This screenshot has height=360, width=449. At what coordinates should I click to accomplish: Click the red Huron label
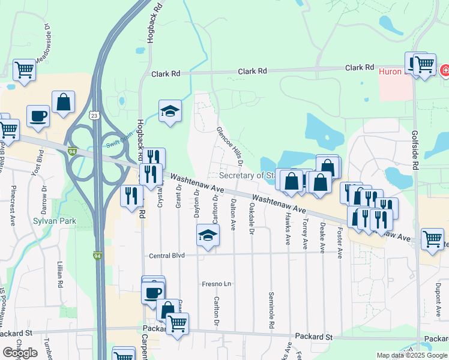click(390, 71)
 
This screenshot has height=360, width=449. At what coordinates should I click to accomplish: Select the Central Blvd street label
click(167, 255)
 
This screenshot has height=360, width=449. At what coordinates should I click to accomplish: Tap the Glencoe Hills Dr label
click(230, 146)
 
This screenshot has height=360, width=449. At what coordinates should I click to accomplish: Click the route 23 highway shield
click(94, 115)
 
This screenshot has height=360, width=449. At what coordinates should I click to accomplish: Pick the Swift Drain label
click(118, 142)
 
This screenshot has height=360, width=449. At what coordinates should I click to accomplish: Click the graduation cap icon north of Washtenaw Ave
click(170, 111)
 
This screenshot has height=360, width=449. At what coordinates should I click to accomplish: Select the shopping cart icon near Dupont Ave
click(432, 239)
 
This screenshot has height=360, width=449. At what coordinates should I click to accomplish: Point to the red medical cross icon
click(445, 71)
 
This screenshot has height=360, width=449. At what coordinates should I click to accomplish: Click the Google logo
click(20, 353)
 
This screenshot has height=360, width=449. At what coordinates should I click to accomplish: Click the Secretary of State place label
click(247, 175)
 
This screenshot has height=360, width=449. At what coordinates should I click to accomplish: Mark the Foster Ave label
click(340, 242)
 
